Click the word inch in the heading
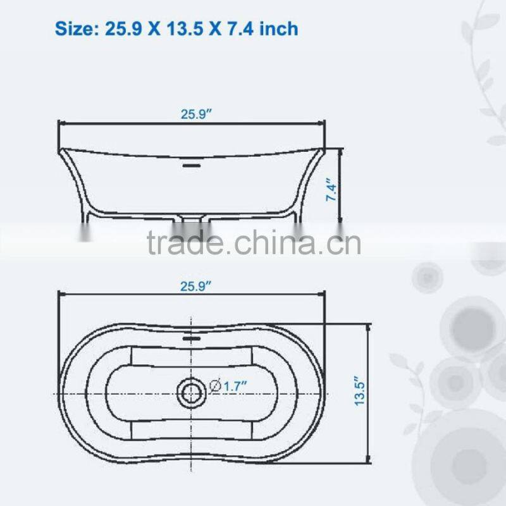tap(277, 28)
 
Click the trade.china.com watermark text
tap(253, 242)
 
